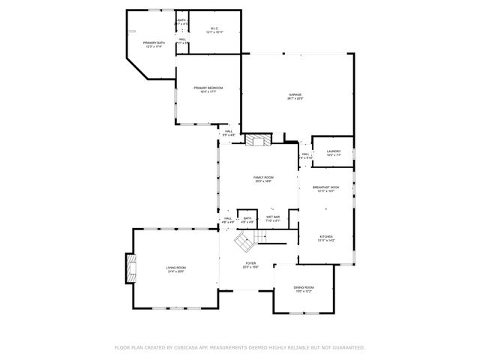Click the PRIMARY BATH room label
[x=154, y=43]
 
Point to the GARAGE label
[x=295, y=94]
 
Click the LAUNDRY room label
[x=334, y=151]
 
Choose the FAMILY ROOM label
[x=262, y=177]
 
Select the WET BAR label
[x=272, y=217]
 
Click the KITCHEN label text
[x=325, y=236]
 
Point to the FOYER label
[x=250, y=263]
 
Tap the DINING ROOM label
[x=304, y=287]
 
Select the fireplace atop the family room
[x=259, y=140]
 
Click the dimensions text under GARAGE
[x=295, y=99]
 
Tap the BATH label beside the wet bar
[x=247, y=217]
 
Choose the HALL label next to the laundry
[x=305, y=154]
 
